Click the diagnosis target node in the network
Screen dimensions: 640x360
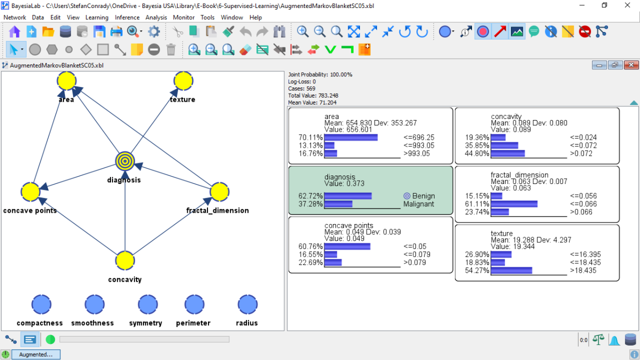(x=125, y=161)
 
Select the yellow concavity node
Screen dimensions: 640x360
(x=125, y=261)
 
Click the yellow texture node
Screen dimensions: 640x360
(x=183, y=81)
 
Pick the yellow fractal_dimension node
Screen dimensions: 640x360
(x=219, y=191)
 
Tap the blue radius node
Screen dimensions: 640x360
(x=247, y=305)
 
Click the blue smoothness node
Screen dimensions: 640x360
(x=94, y=305)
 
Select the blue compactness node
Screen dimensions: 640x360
(x=41, y=305)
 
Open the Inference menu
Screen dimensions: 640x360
(x=127, y=18)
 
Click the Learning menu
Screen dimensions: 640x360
(x=97, y=18)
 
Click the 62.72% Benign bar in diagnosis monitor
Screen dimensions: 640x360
(x=348, y=196)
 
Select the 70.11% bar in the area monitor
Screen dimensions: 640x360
(x=351, y=138)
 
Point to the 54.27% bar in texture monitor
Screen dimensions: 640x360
(x=511, y=270)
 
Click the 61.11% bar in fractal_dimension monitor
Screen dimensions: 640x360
(x=514, y=204)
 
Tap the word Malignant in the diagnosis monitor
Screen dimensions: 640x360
(x=419, y=204)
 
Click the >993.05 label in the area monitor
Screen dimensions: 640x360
(x=417, y=154)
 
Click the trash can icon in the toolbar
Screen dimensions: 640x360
(x=171, y=50)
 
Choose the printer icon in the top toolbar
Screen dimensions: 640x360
(x=116, y=31)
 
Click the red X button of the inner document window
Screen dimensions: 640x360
(x=631, y=65)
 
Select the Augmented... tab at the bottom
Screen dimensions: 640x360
(x=36, y=355)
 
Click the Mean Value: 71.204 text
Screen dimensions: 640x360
(x=313, y=102)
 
